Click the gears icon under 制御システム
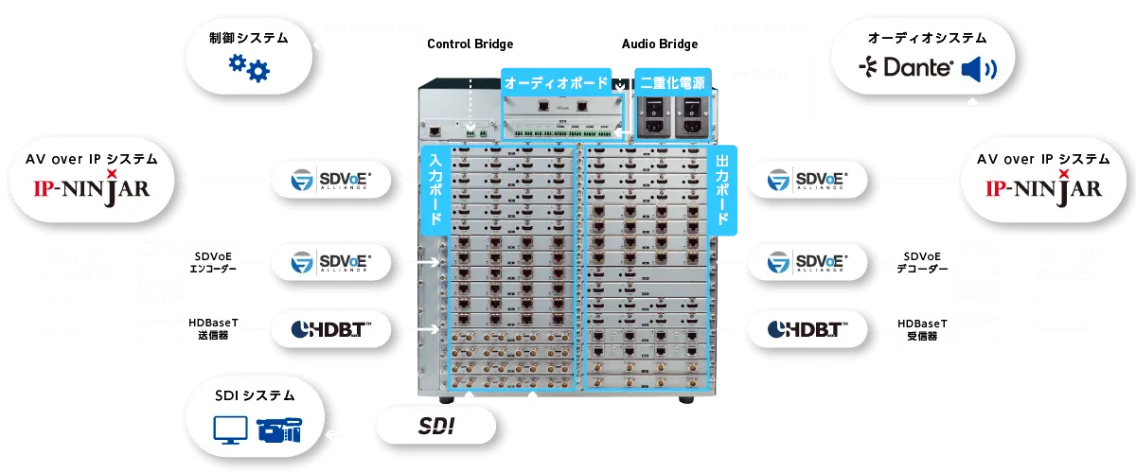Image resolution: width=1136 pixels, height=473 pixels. (x=249, y=68)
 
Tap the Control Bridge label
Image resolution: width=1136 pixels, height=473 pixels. (x=470, y=44)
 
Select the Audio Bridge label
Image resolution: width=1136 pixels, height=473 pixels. (x=660, y=44)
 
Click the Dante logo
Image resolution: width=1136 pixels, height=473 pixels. (x=904, y=68)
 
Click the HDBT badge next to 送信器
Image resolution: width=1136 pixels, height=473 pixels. (x=329, y=329)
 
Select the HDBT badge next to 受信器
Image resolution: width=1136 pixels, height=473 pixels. (x=807, y=329)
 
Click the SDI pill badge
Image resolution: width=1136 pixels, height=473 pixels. (x=436, y=427)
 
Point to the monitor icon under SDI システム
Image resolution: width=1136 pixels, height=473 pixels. (x=227, y=430)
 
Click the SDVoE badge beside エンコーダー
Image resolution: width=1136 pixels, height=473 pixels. (x=329, y=262)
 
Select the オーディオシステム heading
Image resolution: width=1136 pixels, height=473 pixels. (x=927, y=39)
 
